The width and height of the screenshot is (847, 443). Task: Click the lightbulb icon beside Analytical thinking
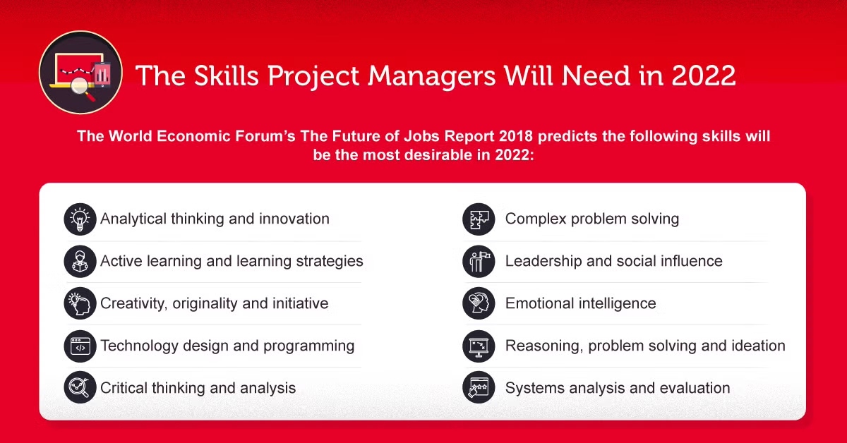coord(80,219)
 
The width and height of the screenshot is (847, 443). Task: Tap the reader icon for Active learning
coord(80,261)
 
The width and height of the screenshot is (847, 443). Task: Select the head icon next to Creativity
coord(80,303)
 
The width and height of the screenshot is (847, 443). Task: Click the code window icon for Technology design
coord(80,346)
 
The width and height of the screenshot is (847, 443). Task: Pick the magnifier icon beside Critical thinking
coord(80,387)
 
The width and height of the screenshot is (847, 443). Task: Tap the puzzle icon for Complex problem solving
coord(479,219)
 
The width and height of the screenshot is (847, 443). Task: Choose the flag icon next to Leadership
coord(479,261)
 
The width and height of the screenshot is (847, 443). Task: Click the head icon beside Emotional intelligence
coord(479,303)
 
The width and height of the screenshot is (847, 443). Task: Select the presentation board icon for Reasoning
coord(479,346)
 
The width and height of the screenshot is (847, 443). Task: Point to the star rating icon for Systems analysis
coord(479,387)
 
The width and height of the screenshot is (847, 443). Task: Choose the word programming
coord(309,346)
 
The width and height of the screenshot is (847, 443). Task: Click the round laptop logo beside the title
coord(80,73)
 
